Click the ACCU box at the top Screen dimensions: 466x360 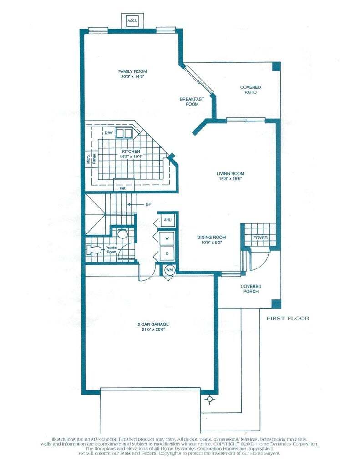click(x=132, y=21)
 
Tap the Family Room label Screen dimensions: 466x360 click(x=132, y=71)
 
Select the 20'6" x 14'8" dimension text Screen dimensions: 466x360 click(x=132, y=77)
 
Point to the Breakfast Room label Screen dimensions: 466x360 click(x=189, y=101)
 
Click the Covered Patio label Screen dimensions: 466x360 click(x=250, y=90)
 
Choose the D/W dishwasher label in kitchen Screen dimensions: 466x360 click(x=109, y=133)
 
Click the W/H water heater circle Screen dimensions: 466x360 click(x=169, y=270)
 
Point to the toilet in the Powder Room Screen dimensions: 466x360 click(x=94, y=249)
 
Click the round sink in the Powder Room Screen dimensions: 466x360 click(x=122, y=235)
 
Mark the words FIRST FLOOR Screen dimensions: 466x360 click(x=288, y=318)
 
